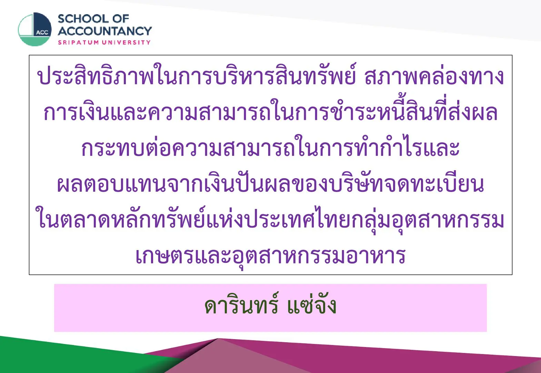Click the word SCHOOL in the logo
click(83, 19)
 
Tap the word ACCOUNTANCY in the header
click(105, 31)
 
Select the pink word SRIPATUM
click(78, 42)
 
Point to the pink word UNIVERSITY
click(126, 42)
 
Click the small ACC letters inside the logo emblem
click(42, 32)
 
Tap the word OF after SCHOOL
click(121, 19)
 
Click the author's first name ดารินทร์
click(242, 304)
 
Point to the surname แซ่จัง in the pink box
click(312, 304)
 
